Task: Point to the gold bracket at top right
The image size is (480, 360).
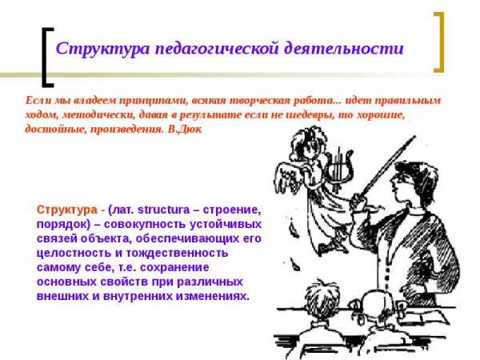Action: point(438,40)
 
